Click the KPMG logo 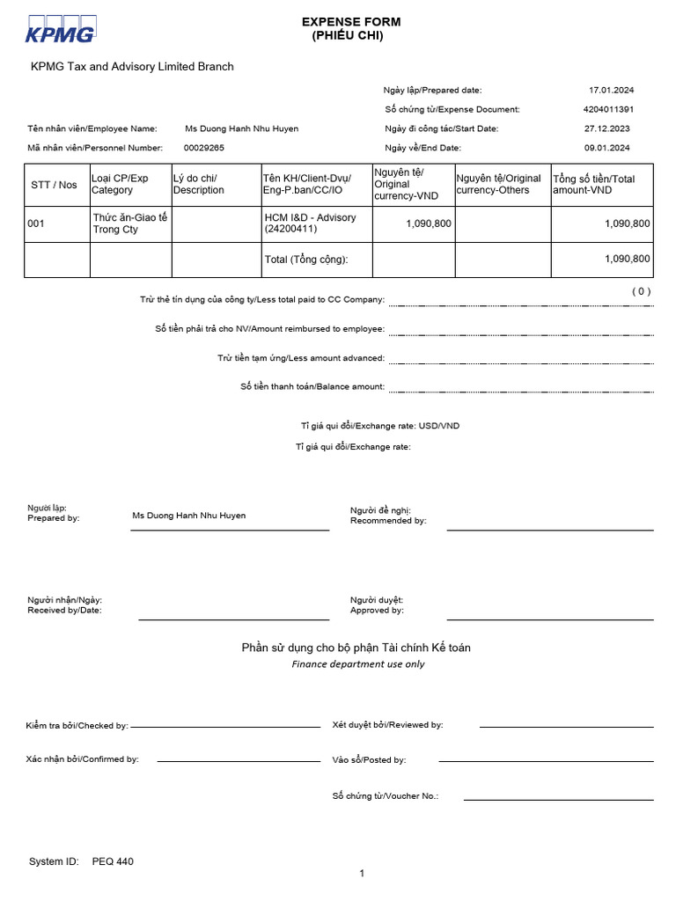[60, 29]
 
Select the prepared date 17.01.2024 [611, 90]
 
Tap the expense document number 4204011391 [608, 109]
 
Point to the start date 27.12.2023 [611, 128]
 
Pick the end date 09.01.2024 [611, 148]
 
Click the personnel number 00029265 [203, 148]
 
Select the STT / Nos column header [54, 185]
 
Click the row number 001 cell [36, 223]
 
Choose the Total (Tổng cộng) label [305, 260]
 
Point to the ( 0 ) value [641, 291]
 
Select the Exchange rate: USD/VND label [379, 426]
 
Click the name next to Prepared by [188, 516]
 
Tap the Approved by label [377, 610]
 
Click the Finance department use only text [357, 664]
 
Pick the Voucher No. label [385, 796]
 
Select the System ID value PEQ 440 [113, 862]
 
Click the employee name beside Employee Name [241, 128]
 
